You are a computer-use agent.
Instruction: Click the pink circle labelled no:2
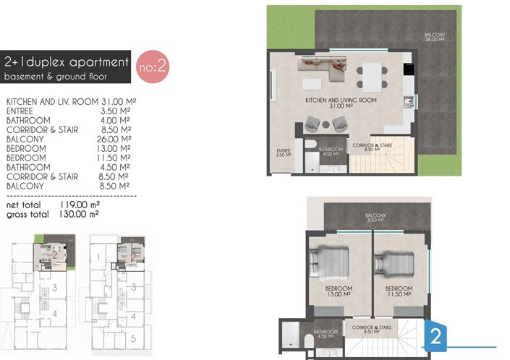click(x=153, y=67)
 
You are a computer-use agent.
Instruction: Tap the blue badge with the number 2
click(x=436, y=335)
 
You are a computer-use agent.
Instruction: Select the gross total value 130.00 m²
click(x=78, y=214)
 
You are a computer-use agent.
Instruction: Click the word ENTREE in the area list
click(x=19, y=111)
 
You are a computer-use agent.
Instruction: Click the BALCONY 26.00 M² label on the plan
click(x=434, y=37)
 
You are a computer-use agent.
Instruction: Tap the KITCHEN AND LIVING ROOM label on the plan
click(x=338, y=102)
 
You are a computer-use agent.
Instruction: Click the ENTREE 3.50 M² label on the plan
click(x=284, y=153)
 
